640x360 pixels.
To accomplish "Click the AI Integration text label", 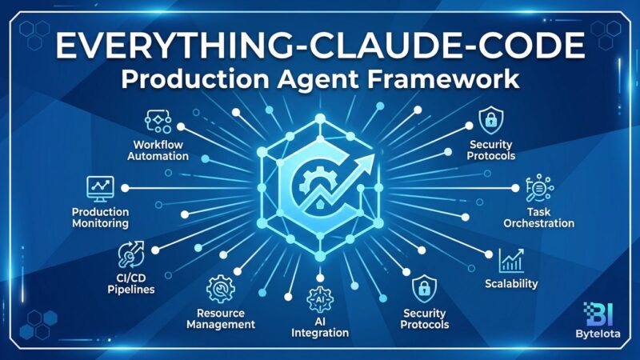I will coord(321,325).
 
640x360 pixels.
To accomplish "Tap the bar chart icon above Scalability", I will coord(510,260).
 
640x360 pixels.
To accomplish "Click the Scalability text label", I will coord(511,284).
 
